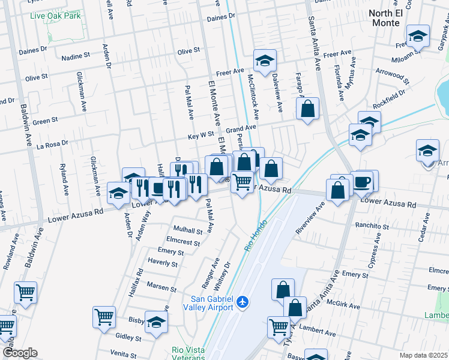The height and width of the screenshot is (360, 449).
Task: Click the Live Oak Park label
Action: coord(55,16)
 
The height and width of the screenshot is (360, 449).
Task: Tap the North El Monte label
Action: coord(384,17)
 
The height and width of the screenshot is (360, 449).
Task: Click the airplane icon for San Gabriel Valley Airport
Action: coord(243,302)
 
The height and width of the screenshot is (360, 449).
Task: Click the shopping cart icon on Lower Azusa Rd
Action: coord(242,182)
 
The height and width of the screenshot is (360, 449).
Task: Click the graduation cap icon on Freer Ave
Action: coord(264,61)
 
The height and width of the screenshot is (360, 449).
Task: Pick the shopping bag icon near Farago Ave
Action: coord(307,109)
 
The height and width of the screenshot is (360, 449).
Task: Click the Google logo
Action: coord(20,353)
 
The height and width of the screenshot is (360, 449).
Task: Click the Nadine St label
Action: coord(76,57)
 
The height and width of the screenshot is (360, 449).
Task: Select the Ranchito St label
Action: coord(373,227)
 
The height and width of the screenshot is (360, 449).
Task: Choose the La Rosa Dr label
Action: coord(52,145)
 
